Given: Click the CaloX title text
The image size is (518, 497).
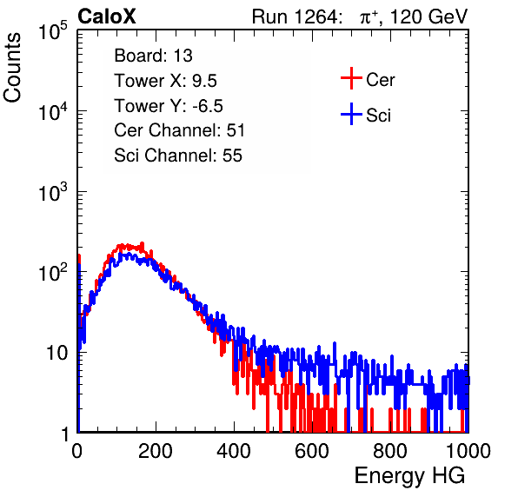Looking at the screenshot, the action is pyautogui.click(x=107, y=17).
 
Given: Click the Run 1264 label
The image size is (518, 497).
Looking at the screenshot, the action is pyautogui.click(x=296, y=17).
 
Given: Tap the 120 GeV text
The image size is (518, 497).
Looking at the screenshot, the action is pyautogui.click(x=429, y=17).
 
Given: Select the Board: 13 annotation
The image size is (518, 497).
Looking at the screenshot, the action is pyautogui.click(x=153, y=56).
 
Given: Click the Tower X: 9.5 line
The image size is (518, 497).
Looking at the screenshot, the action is pyautogui.click(x=165, y=81).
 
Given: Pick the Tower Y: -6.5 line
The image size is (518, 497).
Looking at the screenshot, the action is pyautogui.click(x=169, y=106).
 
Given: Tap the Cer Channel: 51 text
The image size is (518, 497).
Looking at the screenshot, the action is pyautogui.click(x=179, y=130).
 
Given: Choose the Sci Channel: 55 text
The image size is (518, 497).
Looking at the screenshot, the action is pyautogui.click(x=178, y=156).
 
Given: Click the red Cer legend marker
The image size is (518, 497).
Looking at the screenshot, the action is pyautogui.click(x=351, y=78).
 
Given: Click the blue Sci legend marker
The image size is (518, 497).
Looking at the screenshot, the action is pyautogui.click(x=351, y=114).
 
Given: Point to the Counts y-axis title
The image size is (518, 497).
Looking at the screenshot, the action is pyautogui.click(x=12, y=68).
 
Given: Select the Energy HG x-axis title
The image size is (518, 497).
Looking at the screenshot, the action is pyautogui.click(x=409, y=476).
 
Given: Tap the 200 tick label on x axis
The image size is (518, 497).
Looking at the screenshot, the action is pyautogui.click(x=156, y=451).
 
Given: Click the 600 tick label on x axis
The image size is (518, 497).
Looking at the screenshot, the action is pyautogui.click(x=312, y=451).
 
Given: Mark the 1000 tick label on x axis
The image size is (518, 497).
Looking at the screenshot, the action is pyautogui.click(x=468, y=451).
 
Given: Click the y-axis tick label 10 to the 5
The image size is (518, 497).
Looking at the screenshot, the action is pyautogui.click(x=53, y=30).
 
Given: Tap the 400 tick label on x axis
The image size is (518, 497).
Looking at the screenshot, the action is pyautogui.click(x=234, y=451).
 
